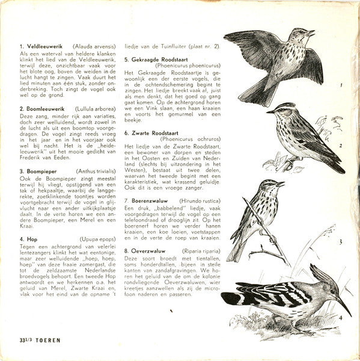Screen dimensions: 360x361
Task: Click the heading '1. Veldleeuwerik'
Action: point(43,46)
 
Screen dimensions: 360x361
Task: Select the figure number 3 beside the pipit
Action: point(340,242)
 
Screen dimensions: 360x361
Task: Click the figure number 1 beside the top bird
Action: point(340,85)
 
